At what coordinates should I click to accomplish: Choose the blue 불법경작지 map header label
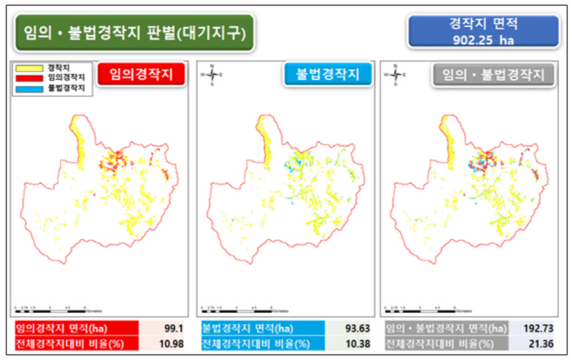(x=327, y=75)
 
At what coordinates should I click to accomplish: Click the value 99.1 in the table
(x=170, y=329)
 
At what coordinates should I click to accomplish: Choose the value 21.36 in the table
(x=542, y=344)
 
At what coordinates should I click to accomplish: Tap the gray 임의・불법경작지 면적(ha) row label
(x=445, y=329)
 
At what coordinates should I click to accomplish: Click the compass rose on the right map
(x=396, y=75)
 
